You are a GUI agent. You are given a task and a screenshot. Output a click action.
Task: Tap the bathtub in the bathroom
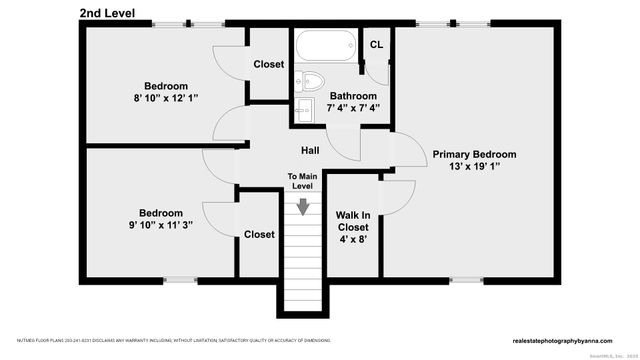[323, 46]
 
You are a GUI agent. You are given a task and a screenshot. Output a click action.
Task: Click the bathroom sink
[303, 107]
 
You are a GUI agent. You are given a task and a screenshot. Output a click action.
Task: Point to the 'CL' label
[376, 45]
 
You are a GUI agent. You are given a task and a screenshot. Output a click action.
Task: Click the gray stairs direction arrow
[302, 205]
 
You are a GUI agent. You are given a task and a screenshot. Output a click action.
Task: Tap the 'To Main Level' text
[301, 181]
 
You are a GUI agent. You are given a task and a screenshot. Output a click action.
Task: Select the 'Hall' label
[310, 150]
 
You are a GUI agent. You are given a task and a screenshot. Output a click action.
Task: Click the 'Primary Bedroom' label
[474, 154]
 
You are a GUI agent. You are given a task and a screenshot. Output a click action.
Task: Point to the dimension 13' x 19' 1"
[474, 168]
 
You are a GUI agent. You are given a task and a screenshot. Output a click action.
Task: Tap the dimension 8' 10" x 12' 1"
[165, 100]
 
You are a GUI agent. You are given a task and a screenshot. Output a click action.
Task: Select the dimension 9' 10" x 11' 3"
[160, 226]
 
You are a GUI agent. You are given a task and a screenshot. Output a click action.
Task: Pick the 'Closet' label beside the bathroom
[268, 64]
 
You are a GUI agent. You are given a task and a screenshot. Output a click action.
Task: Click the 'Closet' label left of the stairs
[259, 234]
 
